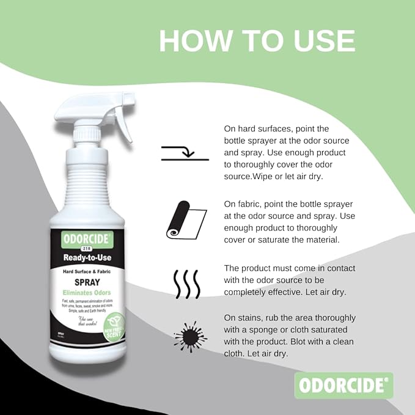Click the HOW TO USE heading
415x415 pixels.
[257, 40]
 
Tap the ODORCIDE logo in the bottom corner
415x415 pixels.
[343, 386]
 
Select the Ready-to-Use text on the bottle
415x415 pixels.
[87, 257]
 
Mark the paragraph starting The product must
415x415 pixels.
[290, 281]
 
